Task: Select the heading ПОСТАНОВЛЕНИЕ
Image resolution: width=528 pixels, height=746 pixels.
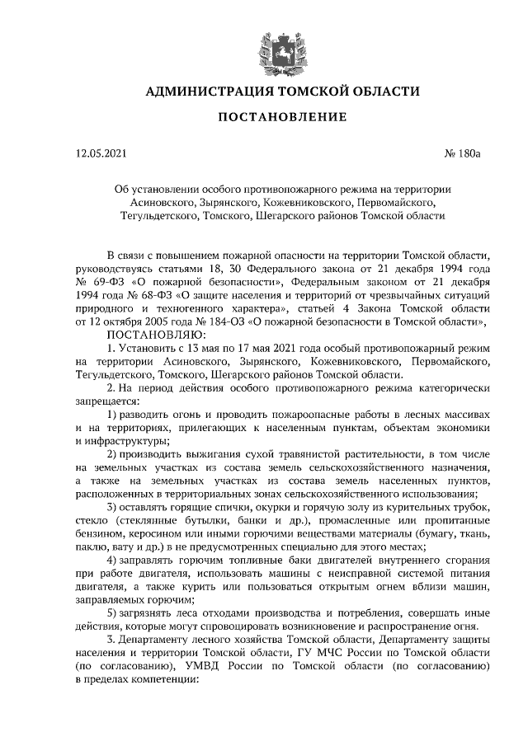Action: pos(275,120)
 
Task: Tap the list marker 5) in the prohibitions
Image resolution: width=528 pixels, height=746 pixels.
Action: pos(113,612)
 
